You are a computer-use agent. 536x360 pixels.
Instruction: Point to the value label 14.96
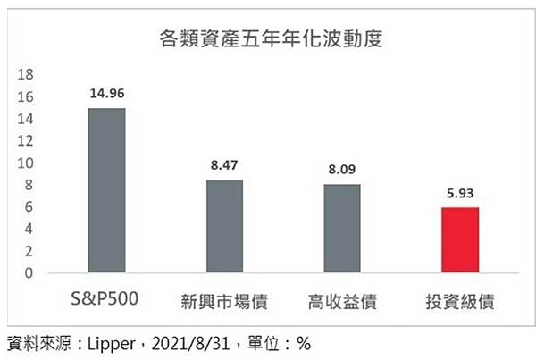(106, 92)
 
